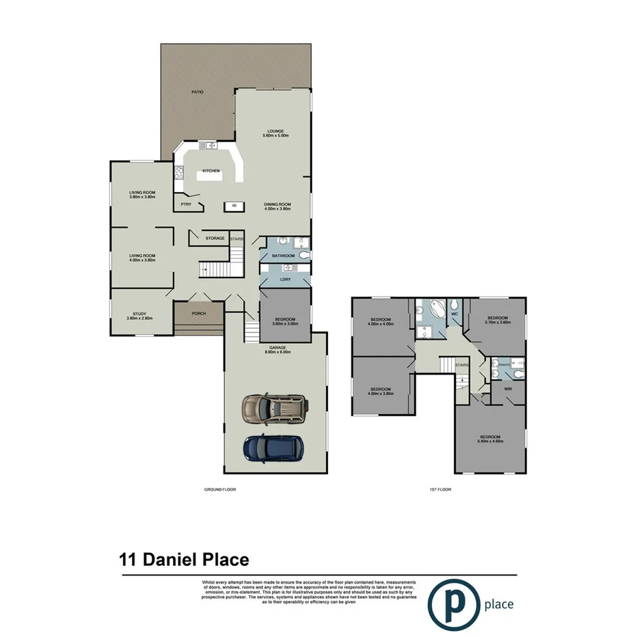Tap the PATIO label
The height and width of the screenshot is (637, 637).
click(x=198, y=92)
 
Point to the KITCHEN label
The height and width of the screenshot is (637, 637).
click(x=211, y=170)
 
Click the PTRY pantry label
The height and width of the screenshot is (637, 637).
click(x=185, y=204)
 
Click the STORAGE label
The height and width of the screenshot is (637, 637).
click(x=215, y=238)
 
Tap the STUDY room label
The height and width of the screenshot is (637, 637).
click(x=139, y=316)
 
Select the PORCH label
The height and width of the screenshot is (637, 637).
click(x=199, y=314)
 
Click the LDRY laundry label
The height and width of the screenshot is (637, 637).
click(x=285, y=279)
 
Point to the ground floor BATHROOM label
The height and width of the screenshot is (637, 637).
click(x=283, y=256)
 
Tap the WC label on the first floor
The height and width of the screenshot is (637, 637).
click(x=455, y=314)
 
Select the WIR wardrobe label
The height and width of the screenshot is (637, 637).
click(x=508, y=389)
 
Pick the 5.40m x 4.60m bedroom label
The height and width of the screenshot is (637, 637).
click(x=490, y=439)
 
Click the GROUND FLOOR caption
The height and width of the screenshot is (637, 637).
click(x=220, y=489)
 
